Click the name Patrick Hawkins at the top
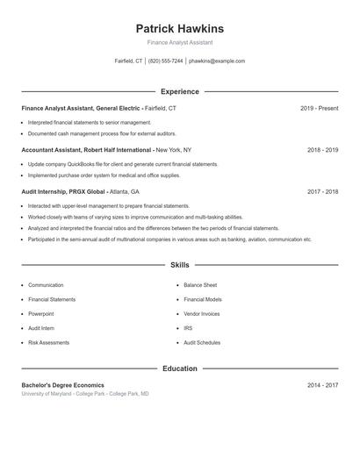[179, 28]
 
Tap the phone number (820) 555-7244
[166, 61]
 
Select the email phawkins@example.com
[217, 61]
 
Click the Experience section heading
[179, 91]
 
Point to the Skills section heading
[179, 264]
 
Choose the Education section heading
[179, 368]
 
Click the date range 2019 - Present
[319, 108]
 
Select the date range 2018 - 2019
[322, 150]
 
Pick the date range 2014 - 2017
[322, 385]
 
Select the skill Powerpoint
[40, 313]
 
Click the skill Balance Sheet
[200, 285]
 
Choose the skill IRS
[188, 328]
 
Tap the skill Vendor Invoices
[202, 313]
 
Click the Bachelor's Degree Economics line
[62, 385]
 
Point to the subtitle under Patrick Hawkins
[179, 42]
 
